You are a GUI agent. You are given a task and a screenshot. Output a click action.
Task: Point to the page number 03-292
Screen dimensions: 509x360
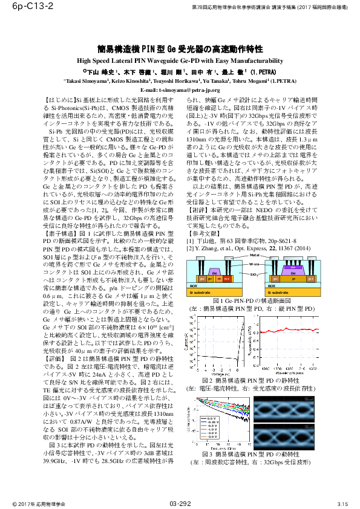(x=180, y=503)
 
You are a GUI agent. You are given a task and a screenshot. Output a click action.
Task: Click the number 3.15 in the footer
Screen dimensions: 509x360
(x=342, y=504)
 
